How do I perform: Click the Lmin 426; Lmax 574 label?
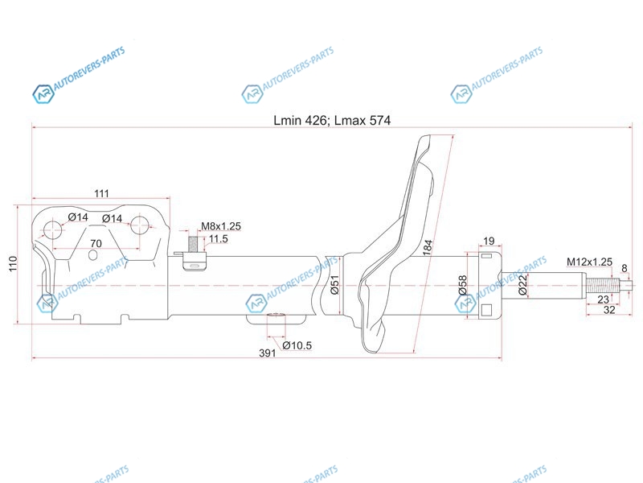click(332, 120)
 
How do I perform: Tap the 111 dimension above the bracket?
click(102, 193)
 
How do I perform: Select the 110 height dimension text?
click(13, 263)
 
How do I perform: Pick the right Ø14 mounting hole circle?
click(140, 225)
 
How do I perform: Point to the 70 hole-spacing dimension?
click(96, 243)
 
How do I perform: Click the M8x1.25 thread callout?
click(220, 226)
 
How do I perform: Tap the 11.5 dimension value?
click(218, 238)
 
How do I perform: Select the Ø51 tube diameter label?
click(334, 285)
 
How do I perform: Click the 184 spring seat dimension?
click(428, 248)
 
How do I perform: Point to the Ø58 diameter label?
click(462, 285)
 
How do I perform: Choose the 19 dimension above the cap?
click(489, 241)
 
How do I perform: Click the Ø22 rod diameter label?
click(522, 285)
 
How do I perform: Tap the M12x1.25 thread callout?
click(589, 262)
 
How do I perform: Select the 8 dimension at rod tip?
click(625, 268)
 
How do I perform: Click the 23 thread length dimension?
click(603, 299)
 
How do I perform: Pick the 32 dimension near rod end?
click(609, 310)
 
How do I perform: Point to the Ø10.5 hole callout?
click(297, 345)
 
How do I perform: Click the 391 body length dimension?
click(268, 353)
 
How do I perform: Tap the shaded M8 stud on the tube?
click(192, 244)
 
